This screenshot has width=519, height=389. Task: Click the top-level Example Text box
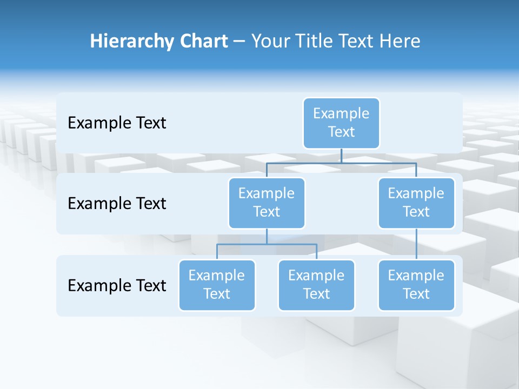[x=341, y=123]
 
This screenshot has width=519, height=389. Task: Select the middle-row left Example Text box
[x=267, y=203]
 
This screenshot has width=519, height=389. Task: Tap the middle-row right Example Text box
[x=416, y=203]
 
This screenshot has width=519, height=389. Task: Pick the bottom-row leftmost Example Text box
[x=217, y=285]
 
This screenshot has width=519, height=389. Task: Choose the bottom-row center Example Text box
[x=316, y=285]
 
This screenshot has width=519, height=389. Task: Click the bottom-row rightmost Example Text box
[x=416, y=285]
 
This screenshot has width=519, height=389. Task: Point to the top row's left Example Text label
[x=117, y=123]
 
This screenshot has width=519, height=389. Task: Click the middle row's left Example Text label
[x=117, y=204]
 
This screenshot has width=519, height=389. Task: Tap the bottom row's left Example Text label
[x=117, y=285]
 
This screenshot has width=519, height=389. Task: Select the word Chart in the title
[x=201, y=41]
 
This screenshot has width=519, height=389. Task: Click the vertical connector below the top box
[x=341, y=156]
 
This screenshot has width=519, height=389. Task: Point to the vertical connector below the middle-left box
[x=267, y=236]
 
